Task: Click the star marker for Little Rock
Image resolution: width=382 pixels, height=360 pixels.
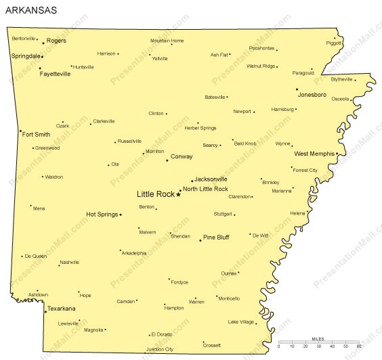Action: pos(178,194)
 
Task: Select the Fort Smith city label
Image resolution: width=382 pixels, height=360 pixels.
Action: pos(36,134)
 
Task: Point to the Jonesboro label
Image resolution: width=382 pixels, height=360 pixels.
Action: pos(312,95)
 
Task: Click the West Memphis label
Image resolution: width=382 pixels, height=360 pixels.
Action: pos(314,154)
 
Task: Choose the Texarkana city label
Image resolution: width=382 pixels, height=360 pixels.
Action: pos(60,309)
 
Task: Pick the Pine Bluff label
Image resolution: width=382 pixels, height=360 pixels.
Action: pos(217,238)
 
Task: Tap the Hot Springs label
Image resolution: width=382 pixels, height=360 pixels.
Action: pos(102,215)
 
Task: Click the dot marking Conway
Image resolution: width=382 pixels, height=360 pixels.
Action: pos(167,160)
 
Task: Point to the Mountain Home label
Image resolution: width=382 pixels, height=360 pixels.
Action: pos(167,41)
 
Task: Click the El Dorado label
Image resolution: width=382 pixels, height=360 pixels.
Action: pos(163,334)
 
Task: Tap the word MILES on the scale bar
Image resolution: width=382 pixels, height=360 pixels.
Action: pos(318,338)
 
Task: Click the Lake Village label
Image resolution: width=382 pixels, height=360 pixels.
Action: pos(240,321)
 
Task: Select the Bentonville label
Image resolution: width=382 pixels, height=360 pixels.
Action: pos(24,38)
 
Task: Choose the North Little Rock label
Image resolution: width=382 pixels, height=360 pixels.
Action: pos(205,189)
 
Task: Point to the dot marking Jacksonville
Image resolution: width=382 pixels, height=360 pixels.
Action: pos(192,181)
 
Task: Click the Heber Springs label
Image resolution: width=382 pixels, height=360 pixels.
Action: pos(200,127)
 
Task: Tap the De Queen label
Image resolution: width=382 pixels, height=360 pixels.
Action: pos(36,256)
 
